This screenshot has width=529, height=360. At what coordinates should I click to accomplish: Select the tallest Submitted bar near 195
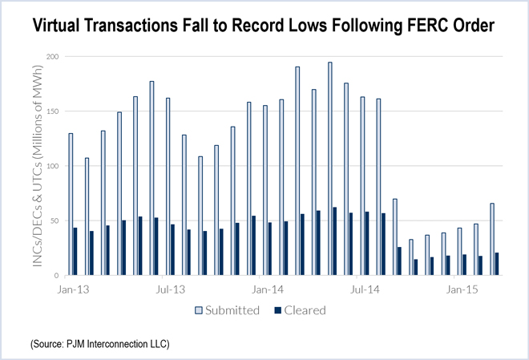click(330, 168)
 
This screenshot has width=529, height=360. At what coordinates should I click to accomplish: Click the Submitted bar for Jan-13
click(71, 204)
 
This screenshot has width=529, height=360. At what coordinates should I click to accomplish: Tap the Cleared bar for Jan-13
click(75, 251)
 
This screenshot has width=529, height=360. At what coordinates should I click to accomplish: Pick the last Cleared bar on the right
click(497, 264)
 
